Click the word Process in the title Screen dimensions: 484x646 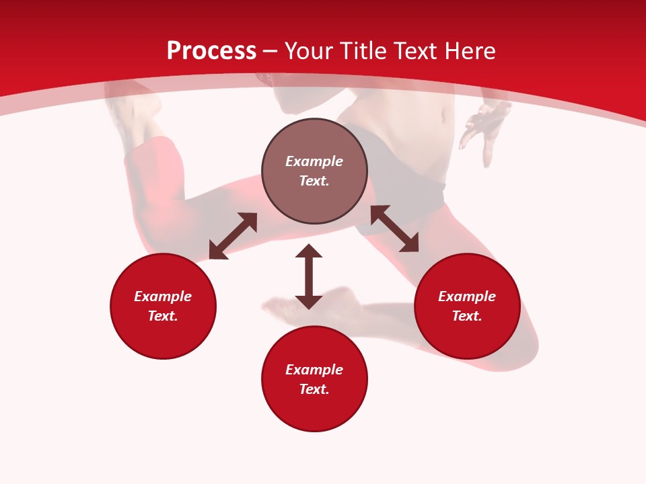click(211, 51)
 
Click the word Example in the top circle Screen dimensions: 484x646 click(314, 161)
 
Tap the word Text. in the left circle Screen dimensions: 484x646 click(163, 316)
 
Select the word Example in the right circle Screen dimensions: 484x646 click(467, 296)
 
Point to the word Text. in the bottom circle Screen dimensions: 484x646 click(314, 389)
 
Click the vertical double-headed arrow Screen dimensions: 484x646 click(309, 276)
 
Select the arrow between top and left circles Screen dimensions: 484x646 click(233, 236)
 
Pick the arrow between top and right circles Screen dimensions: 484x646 click(394, 229)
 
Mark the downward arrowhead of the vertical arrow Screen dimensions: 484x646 click(309, 301)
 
